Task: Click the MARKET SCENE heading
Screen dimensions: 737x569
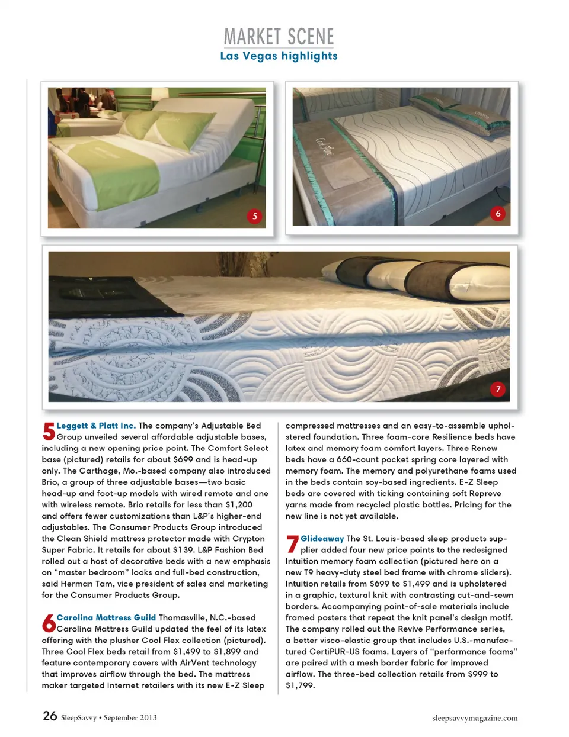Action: tap(279, 37)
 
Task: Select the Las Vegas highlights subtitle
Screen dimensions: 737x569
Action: tap(279, 56)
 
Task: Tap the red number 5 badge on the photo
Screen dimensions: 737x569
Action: tap(255, 216)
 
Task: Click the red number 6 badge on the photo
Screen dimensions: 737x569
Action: tap(498, 214)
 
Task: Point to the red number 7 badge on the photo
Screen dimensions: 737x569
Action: tap(498, 389)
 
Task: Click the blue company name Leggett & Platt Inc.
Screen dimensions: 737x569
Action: tap(96, 426)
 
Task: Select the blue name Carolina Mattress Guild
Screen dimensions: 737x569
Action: tap(106, 617)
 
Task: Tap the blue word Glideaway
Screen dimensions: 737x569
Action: tap(322, 539)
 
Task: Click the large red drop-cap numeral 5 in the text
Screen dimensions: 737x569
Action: tap(49, 432)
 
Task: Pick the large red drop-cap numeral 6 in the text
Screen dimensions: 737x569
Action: tap(49, 623)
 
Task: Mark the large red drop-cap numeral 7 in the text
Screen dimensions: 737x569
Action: tap(292, 545)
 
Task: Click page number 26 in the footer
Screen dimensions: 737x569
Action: tap(50, 716)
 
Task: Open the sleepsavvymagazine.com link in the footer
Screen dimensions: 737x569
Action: tap(475, 718)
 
